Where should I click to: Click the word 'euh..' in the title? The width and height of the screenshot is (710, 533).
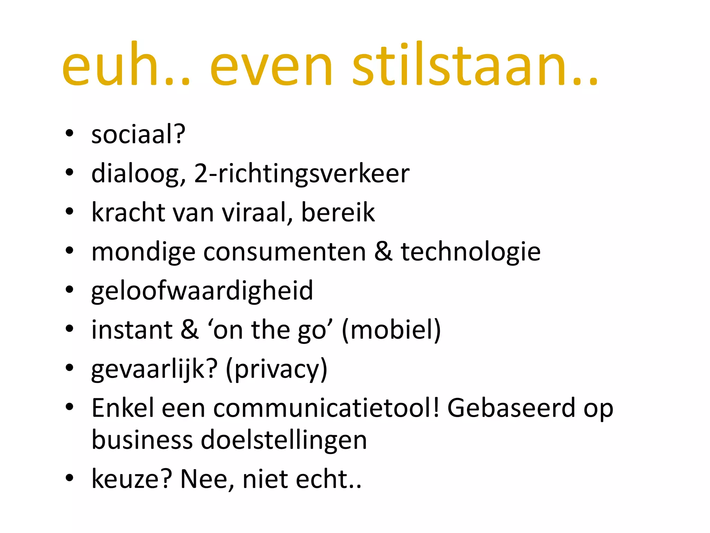pyautogui.click(x=126, y=66)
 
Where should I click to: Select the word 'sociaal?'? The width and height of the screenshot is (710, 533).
pyautogui.click(x=138, y=135)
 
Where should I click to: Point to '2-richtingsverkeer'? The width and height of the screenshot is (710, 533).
pyautogui.click(x=302, y=174)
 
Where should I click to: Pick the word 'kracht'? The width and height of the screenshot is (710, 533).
pyautogui.click(x=128, y=212)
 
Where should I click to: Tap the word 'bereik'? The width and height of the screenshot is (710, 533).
pyautogui.click(x=338, y=212)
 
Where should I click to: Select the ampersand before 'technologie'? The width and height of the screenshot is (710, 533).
pyautogui.click(x=383, y=251)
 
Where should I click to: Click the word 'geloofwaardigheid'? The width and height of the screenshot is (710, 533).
pyautogui.click(x=202, y=291)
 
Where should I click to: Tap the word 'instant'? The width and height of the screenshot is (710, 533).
pyautogui.click(x=132, y=330)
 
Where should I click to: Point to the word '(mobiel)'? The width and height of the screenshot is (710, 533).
pyautogui.click(x=391, y=330)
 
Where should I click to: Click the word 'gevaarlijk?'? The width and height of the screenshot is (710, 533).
pyautogui.click(x=155, y=369)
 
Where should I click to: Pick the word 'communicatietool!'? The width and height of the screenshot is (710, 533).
pyautogui.click(x=326, y=408)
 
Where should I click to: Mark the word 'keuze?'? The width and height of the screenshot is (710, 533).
pyautogui.click(x=132, y=479)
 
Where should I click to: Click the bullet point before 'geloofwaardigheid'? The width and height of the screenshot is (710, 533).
pyautogui.click(x=70, y=290)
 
